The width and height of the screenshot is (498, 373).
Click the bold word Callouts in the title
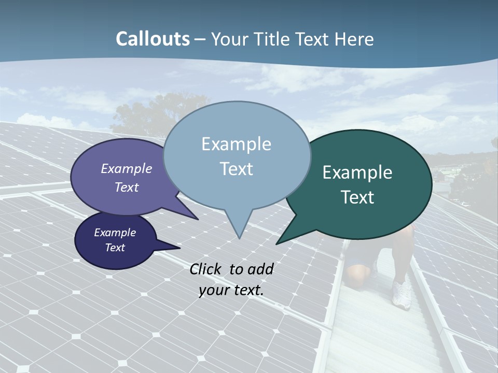click(153, 39)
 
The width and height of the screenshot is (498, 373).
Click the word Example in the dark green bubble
click(357, 173)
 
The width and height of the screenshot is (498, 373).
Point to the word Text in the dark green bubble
click(357, 197)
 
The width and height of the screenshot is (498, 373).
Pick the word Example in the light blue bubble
click(236, 144)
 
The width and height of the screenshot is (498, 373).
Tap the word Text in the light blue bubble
click(236, 169)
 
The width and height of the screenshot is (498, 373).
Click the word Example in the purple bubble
click(127, 168)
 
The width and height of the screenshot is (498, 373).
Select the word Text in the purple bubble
click(127, 187)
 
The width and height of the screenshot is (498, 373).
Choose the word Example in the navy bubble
click(115, 233)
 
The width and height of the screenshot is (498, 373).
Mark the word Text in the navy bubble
click(115, 248)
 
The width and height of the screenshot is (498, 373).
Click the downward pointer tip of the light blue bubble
click(239, 237)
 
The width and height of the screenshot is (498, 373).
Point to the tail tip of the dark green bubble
click(277, 243)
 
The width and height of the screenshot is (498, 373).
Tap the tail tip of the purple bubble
click(197, 219)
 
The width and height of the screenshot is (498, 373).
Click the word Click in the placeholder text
click(206, 269)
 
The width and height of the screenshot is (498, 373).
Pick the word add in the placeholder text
click(260, 269)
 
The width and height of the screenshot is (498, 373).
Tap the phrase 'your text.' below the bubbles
click(231, 290)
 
